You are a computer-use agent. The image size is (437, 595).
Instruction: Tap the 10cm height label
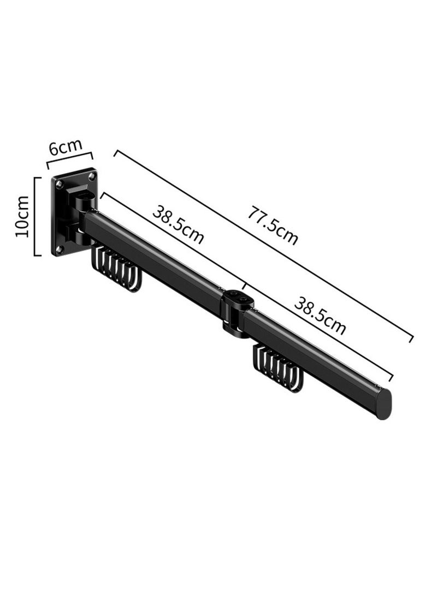pyautogui.click(x=22, y=217)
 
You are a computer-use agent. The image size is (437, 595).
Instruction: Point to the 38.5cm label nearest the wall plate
pyautogui.click(x=178, y=224)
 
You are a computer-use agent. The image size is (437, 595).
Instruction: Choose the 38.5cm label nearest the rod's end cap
pyautogui.click(x=320, y=315)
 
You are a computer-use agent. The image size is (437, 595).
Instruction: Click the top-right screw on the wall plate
pyautogui.click(x=92, y=176)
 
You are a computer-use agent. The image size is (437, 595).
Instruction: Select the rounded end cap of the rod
pyautogui.click(x=384, y=403)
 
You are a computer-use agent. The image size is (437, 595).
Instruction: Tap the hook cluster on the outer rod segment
pyautogui.click(x=277, y=367)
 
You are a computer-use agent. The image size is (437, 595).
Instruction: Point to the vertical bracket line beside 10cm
pyautogui.click(x=36, y=217)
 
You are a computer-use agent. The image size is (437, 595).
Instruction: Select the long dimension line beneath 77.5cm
pyautogui.click(x=262, y=245)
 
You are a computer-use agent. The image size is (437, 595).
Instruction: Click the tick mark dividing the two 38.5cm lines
pyautogui.click(x=244, y=285)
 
